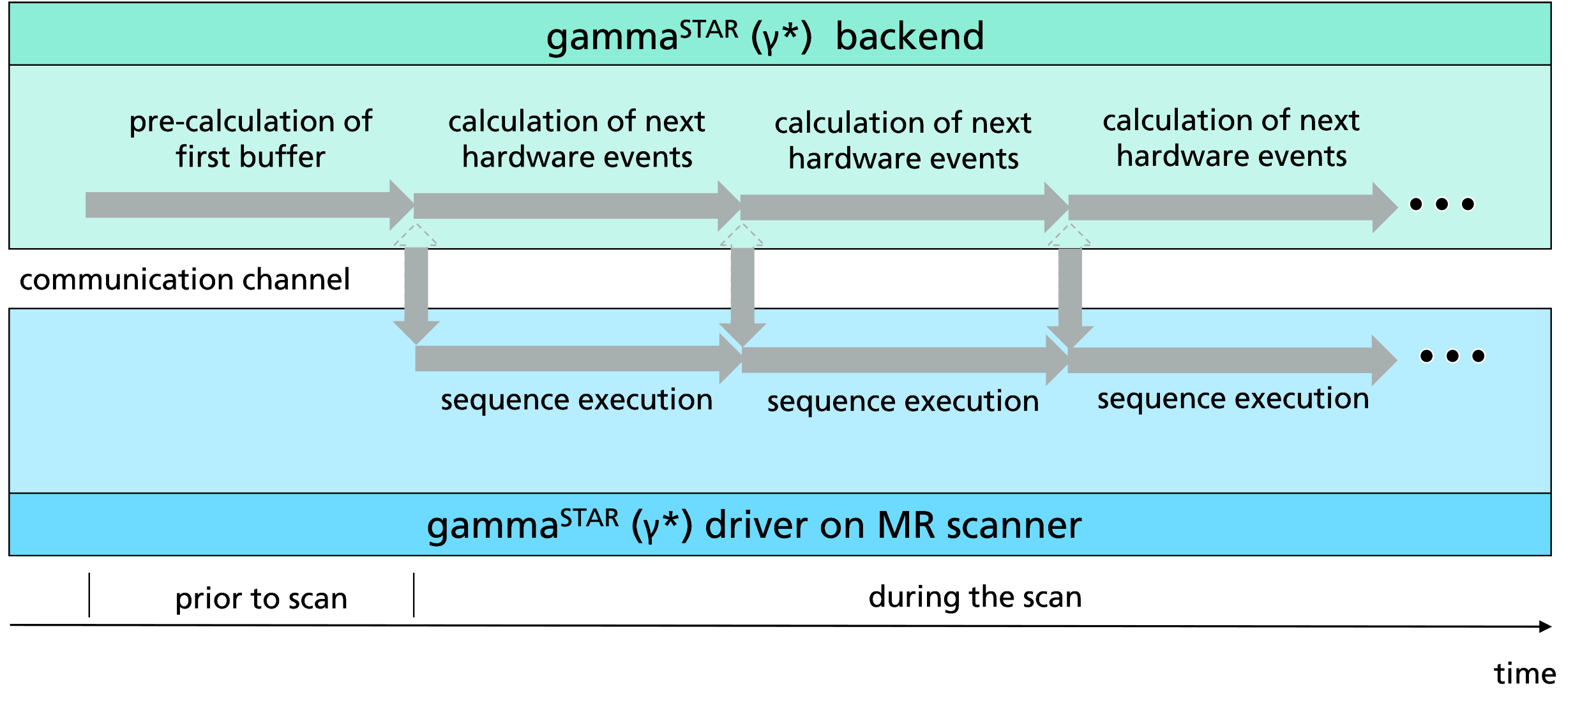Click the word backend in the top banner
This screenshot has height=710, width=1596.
(909, 36)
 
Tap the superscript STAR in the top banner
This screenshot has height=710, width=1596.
(709, 29)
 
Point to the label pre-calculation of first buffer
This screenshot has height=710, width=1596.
(250, 138)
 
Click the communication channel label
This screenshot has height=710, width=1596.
(184, 279)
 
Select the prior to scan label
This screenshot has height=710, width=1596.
(261, 598)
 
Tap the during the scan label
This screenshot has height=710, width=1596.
(975, 597)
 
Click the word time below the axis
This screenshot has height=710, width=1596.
(1524, 674)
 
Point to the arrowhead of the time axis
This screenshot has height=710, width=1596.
(1545, 626)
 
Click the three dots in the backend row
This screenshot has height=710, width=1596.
(1442, 204)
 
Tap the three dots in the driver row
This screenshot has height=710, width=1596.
(1452, 356)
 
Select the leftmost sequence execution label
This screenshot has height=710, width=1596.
(576, 400)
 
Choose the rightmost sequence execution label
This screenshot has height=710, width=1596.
(1233, 399)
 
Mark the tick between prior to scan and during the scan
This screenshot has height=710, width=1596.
(414, 595)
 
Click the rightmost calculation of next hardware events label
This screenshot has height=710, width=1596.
(1231, 138)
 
